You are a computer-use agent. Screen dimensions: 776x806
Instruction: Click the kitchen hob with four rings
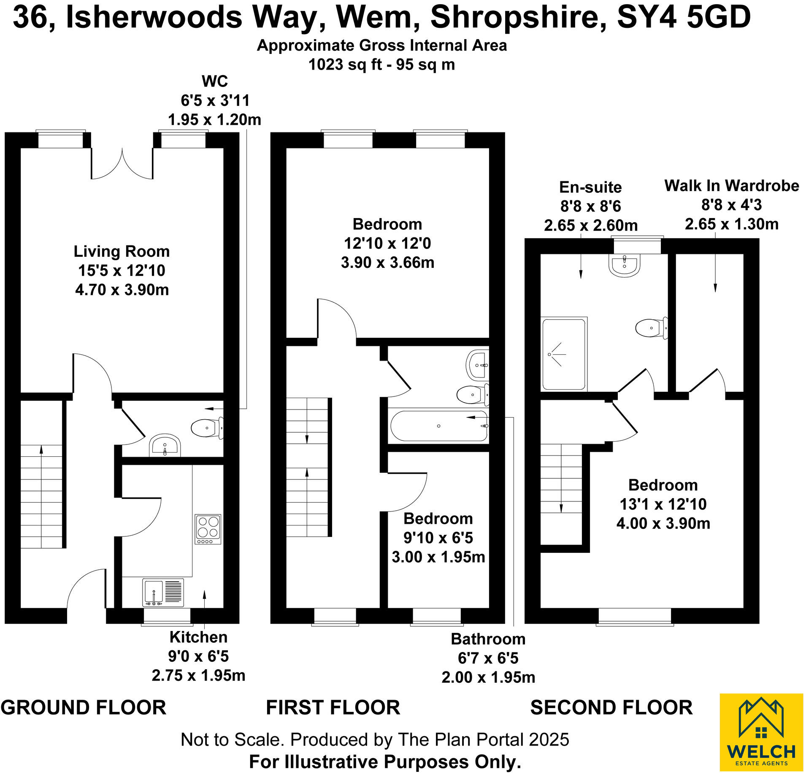(x=208, y=529)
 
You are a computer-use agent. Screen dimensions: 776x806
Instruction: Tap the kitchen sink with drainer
(x=163, y=592)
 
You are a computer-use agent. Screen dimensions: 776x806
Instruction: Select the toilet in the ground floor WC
(x=206, y=428)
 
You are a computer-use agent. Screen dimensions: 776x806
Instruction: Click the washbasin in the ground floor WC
(x=165, y=445)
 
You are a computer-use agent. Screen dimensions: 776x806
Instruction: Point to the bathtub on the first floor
(x=439, y=426)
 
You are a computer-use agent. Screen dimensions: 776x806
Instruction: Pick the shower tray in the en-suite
(x=564, y=354)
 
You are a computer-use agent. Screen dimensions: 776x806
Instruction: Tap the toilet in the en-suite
(x=650, y=328)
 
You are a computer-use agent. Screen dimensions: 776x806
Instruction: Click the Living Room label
(x=122, y=251)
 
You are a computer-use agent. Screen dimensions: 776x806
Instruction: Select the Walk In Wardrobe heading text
(x=731, y=186)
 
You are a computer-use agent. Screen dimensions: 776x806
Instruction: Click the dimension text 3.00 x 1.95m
(x=438, y=557)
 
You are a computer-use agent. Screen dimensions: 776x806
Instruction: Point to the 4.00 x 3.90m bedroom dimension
(x=663, y=523)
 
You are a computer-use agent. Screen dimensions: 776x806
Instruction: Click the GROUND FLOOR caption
(x=83, y=707)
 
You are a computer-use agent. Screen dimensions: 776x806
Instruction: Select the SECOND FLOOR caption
(x=611, y=707)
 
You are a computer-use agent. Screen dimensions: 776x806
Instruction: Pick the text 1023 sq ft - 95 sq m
(x=381, y=65)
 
